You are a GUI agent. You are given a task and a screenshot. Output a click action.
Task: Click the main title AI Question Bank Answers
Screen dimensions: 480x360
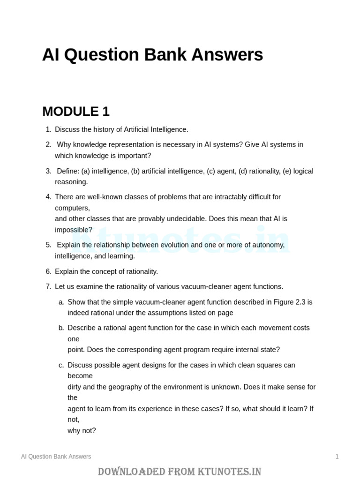click(152, 55)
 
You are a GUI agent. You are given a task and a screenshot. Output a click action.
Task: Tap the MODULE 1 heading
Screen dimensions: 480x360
click(75, 112)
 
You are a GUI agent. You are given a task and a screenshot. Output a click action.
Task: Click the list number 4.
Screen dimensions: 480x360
click(48, 197)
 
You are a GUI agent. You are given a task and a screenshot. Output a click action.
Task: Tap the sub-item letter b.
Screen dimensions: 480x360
click(61, 328)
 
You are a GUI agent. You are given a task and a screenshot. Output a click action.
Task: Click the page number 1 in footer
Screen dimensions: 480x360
click(337, 457)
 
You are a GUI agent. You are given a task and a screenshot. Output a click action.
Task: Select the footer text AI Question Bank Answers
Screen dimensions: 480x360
click(56, 457)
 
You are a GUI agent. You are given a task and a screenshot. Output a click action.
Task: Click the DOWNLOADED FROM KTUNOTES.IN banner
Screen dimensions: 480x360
click(180, 471)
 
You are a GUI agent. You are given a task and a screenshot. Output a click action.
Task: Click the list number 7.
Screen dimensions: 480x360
click(48, 286)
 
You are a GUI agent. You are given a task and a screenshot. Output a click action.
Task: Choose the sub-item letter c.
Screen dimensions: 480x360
click(61, 365)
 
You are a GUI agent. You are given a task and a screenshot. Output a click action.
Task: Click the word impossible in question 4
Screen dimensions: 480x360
click(73, 230)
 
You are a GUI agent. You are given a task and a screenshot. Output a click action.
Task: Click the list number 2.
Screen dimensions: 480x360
click(48, 144)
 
